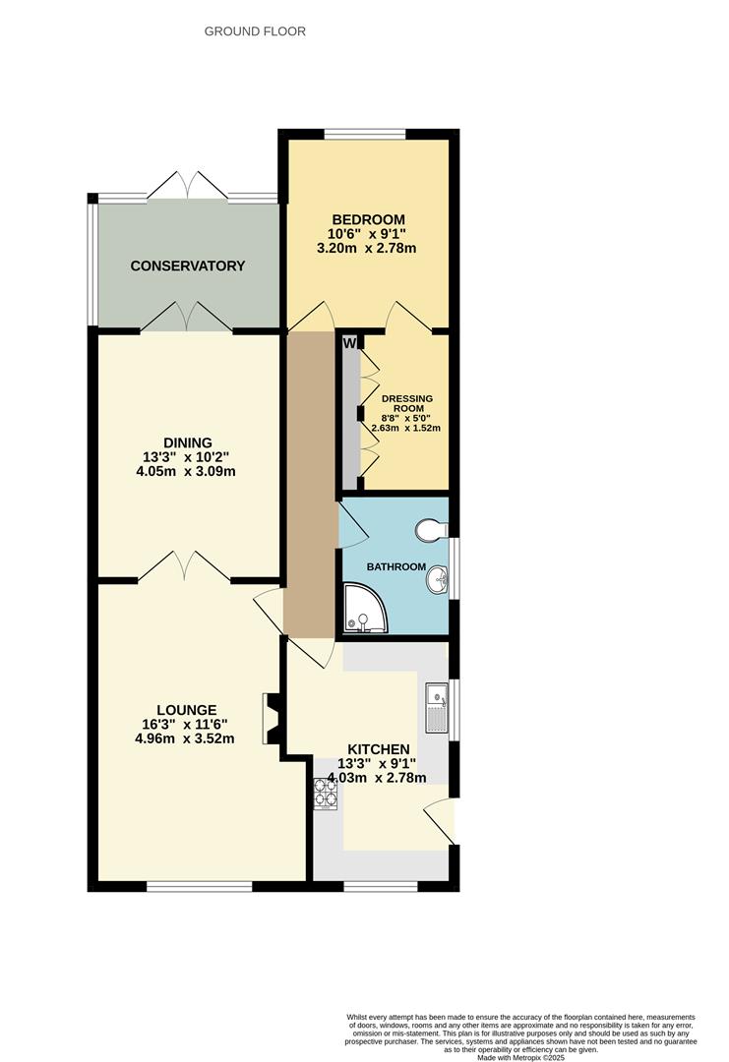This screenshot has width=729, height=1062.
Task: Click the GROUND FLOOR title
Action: tap(255, 31)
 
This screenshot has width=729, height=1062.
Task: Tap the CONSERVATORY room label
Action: tap(187, 265)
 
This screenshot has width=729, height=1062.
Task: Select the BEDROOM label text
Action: tap(368, 218)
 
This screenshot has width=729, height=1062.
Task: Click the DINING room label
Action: tap(188, 442)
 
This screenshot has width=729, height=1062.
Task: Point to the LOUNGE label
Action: tap(186, 709)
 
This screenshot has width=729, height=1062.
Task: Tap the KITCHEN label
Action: tap(373, 748)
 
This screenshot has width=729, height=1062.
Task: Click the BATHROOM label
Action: tap(396, 567)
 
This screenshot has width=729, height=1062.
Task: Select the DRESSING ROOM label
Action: tap(407, 404)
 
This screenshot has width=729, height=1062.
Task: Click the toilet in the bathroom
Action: tap(429, 531)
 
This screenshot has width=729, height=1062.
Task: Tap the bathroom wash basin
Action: tap(437, 583)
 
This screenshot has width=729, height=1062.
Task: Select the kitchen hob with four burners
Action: tap(324, 795)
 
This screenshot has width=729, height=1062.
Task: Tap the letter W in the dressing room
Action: tap(349, 343)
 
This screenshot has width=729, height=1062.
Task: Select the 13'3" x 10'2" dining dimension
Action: tap(188, 456)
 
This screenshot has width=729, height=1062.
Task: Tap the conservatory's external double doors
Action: tap(187, 184)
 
